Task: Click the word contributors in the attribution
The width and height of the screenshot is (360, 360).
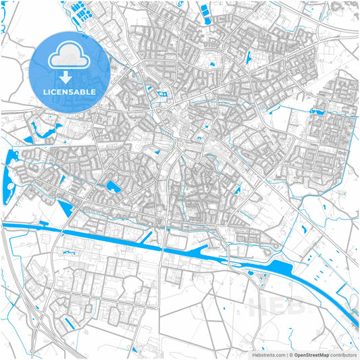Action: point(343,354)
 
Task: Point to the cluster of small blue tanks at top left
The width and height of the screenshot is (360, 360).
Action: point(81,13)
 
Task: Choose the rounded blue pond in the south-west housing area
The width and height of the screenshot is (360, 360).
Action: point(111,186)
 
